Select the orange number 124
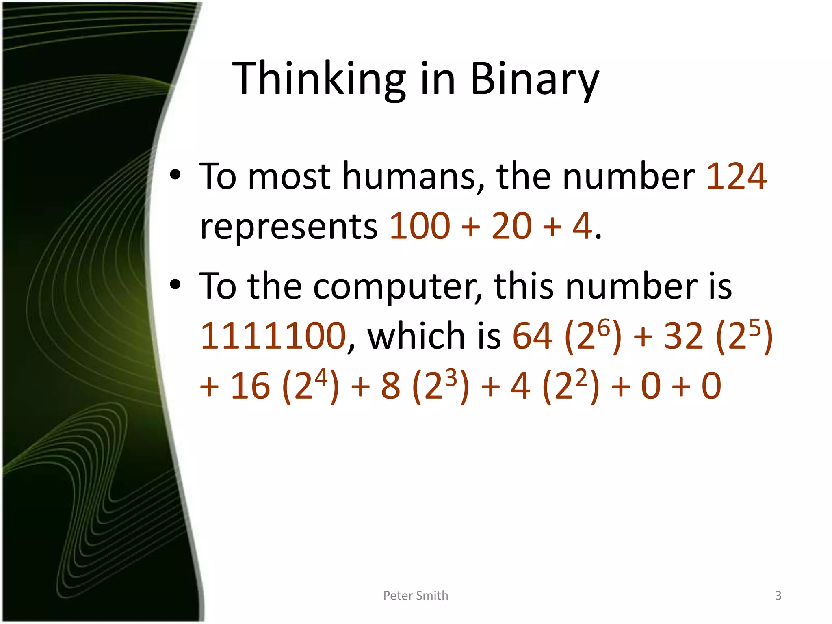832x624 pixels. [737, 176]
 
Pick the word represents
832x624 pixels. [289, 227]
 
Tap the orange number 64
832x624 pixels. [533, 336]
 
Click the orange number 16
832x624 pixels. [250, 386]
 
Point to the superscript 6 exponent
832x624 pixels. [604, 327]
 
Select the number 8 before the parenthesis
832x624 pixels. [390, 386]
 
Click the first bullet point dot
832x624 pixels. [175, 175]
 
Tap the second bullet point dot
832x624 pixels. [175, 285]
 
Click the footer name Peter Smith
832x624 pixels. [416, 596]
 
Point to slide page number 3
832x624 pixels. [778, 596]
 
